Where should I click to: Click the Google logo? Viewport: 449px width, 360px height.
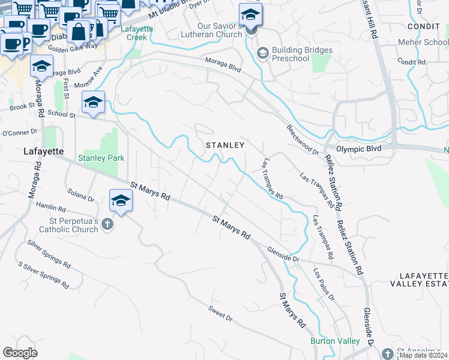click(20, 353)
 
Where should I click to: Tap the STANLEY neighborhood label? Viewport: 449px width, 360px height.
click(225, 145)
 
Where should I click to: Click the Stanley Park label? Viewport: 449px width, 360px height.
click(101, 158)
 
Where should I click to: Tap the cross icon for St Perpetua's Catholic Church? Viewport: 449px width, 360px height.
click(107, 225)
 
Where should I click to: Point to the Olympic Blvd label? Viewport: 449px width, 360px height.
click(358, 148)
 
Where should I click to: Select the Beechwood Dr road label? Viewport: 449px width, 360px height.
click(302, 139)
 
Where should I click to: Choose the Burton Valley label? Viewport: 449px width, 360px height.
click(335, 341)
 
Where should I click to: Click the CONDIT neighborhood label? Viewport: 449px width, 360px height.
click(423, 27)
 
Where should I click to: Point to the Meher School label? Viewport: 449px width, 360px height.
click(423, 43)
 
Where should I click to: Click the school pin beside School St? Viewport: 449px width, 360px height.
click(93, 103)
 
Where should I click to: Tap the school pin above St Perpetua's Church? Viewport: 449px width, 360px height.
click(121, 201)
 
